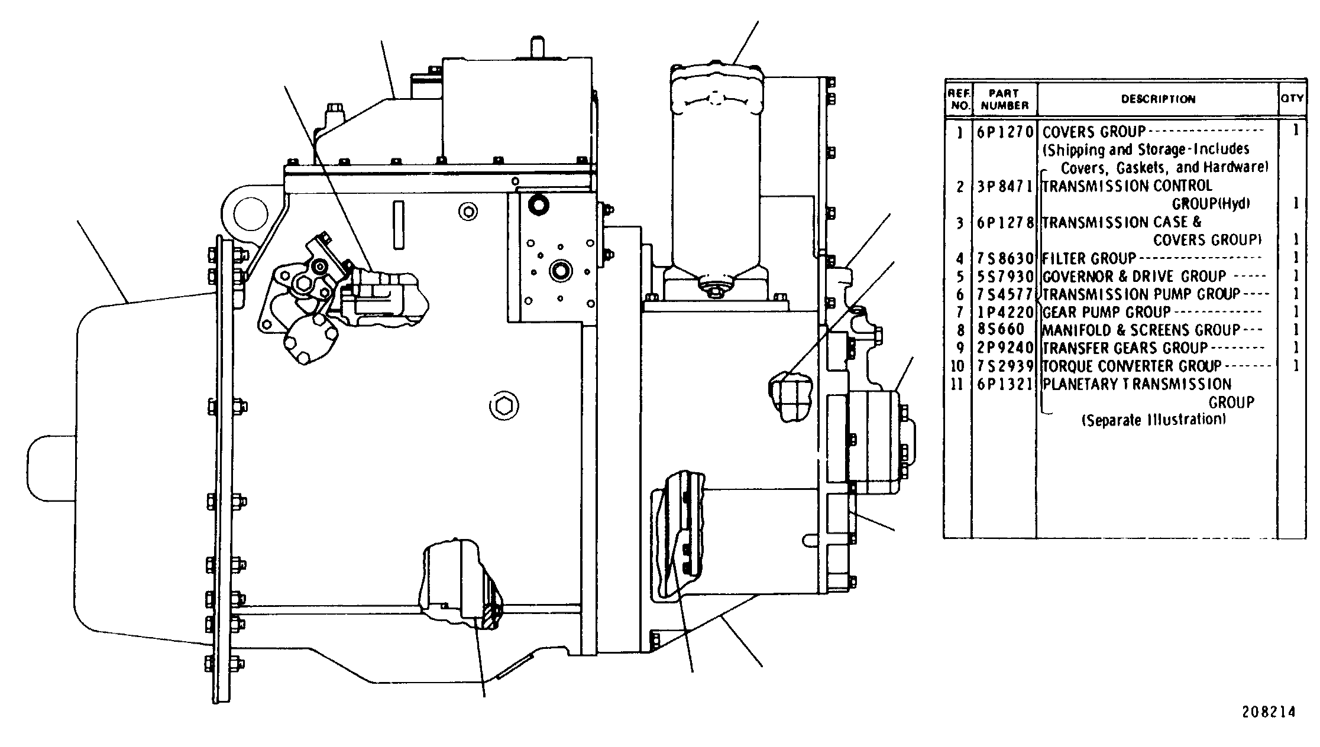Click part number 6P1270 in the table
(1004, 131)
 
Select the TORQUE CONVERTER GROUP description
(1131, 366)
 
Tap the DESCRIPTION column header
(1158, 99)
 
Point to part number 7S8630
(1004, 259)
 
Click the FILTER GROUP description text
(1089, 258)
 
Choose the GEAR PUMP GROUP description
(1106, 312)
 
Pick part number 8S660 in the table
(998, 330)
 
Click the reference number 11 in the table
(957, 384)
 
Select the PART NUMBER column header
(1004, 99)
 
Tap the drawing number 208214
(1268, 713)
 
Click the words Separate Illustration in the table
(1153, 420)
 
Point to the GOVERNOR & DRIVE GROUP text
(1134, 277)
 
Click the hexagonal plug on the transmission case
(504, 406)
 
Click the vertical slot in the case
(398, 225)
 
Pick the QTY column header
(1292, 99)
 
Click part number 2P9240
(1004, 347)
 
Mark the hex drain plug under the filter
(715, 290)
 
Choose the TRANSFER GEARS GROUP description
(1124, 347)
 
